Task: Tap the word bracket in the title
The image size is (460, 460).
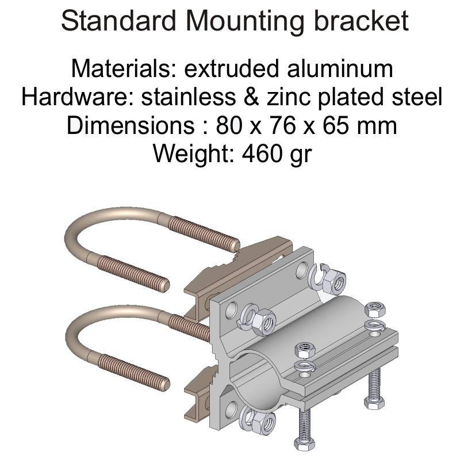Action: click(361, 21)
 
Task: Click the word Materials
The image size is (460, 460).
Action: click(124, 68)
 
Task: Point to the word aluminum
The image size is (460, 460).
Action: click(340, 68)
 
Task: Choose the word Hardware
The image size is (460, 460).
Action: click(78, 97)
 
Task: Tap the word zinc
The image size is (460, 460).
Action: click(289, 97)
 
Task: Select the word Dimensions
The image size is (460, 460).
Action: click(131, 125)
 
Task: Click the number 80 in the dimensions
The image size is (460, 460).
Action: click(229, 125)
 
